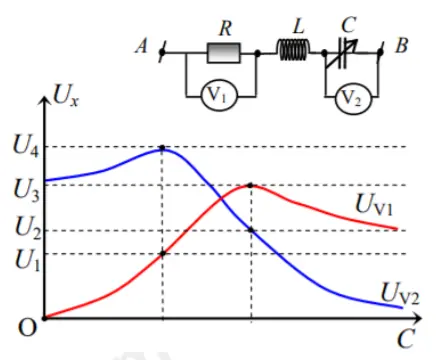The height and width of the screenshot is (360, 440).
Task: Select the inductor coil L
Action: tap(292, 50)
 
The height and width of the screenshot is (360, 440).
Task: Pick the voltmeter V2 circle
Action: tap(348, 99)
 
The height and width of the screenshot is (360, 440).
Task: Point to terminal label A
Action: tap(142, 46)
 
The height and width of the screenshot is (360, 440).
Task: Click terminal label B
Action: tap(401, 45)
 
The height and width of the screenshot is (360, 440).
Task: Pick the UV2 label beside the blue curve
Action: tap(400, 292)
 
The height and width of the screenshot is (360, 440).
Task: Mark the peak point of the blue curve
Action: tap(163, 148)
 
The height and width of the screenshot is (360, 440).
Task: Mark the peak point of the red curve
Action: tap(250, 185)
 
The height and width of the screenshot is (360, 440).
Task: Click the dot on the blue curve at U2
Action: tap(250, 231)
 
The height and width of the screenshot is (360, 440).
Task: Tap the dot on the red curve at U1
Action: tap(163, 253)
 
